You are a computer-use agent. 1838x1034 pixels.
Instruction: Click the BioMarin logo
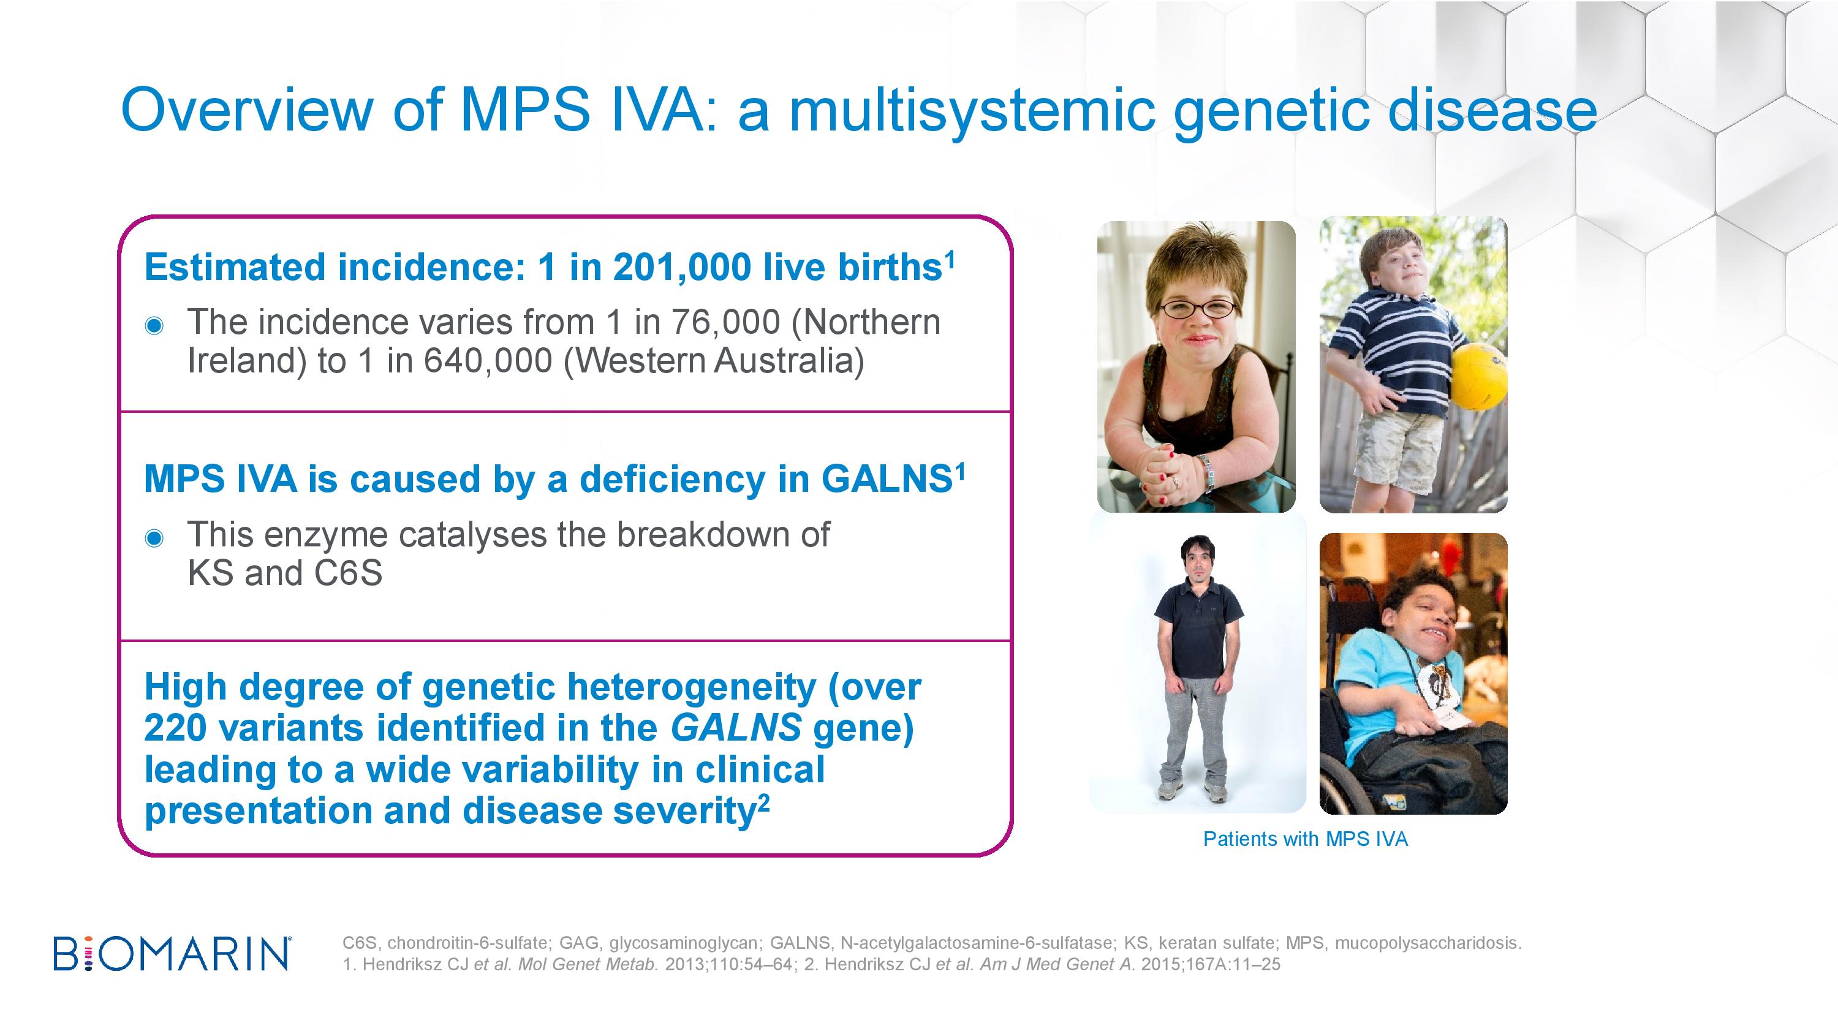pos(172,953)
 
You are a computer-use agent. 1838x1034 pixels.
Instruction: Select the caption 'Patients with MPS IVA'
pos(1305,839)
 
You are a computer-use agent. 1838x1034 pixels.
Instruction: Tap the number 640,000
pos(487,360)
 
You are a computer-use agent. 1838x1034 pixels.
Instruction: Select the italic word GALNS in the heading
pos(736,728)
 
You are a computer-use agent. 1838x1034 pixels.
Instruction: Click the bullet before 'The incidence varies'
pos(154,326)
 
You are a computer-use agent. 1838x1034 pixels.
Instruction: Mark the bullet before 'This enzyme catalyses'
pos(154,538)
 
